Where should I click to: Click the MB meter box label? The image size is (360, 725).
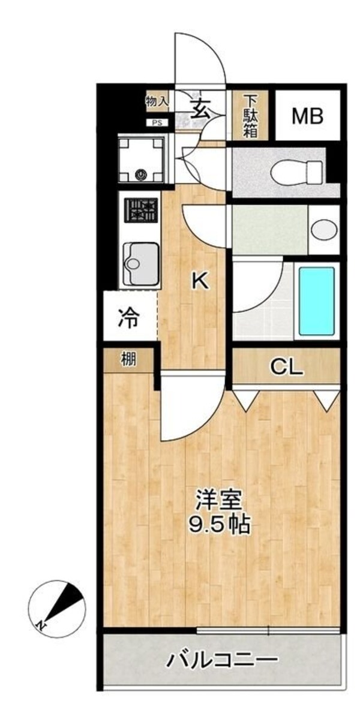[x=307, y=116]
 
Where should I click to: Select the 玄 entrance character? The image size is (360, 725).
[x=202, y=109]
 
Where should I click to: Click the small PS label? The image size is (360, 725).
[x=158, y=124]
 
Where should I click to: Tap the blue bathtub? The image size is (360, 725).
[x=316, y=300]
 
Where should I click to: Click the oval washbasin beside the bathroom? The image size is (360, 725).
[x=325, y=230]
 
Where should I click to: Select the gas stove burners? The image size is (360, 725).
[x=142, y=212]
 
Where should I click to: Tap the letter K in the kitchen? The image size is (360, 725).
[x=200, y=281]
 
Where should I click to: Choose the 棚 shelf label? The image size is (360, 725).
[x=128, y=360]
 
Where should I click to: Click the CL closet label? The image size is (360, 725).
[x=286, y=367]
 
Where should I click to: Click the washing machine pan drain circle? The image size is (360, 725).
[x=142, y=175]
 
